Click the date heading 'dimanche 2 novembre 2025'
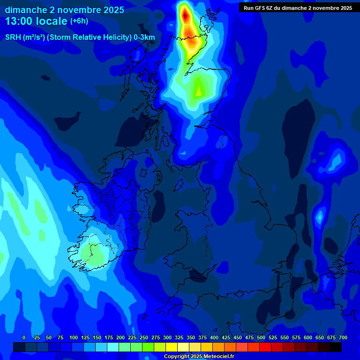(64, 10)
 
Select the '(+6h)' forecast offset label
(79, 21)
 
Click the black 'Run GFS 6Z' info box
(298, 7)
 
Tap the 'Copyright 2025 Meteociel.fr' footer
(199, 357)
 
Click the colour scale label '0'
(24, 337)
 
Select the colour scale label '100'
(74, 337)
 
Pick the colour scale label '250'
(144, 337)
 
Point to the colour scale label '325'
(179, 337)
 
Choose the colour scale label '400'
(214, 337)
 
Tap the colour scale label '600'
(308, 337)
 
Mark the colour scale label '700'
(343, 337)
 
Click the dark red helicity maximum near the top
(185, 15)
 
